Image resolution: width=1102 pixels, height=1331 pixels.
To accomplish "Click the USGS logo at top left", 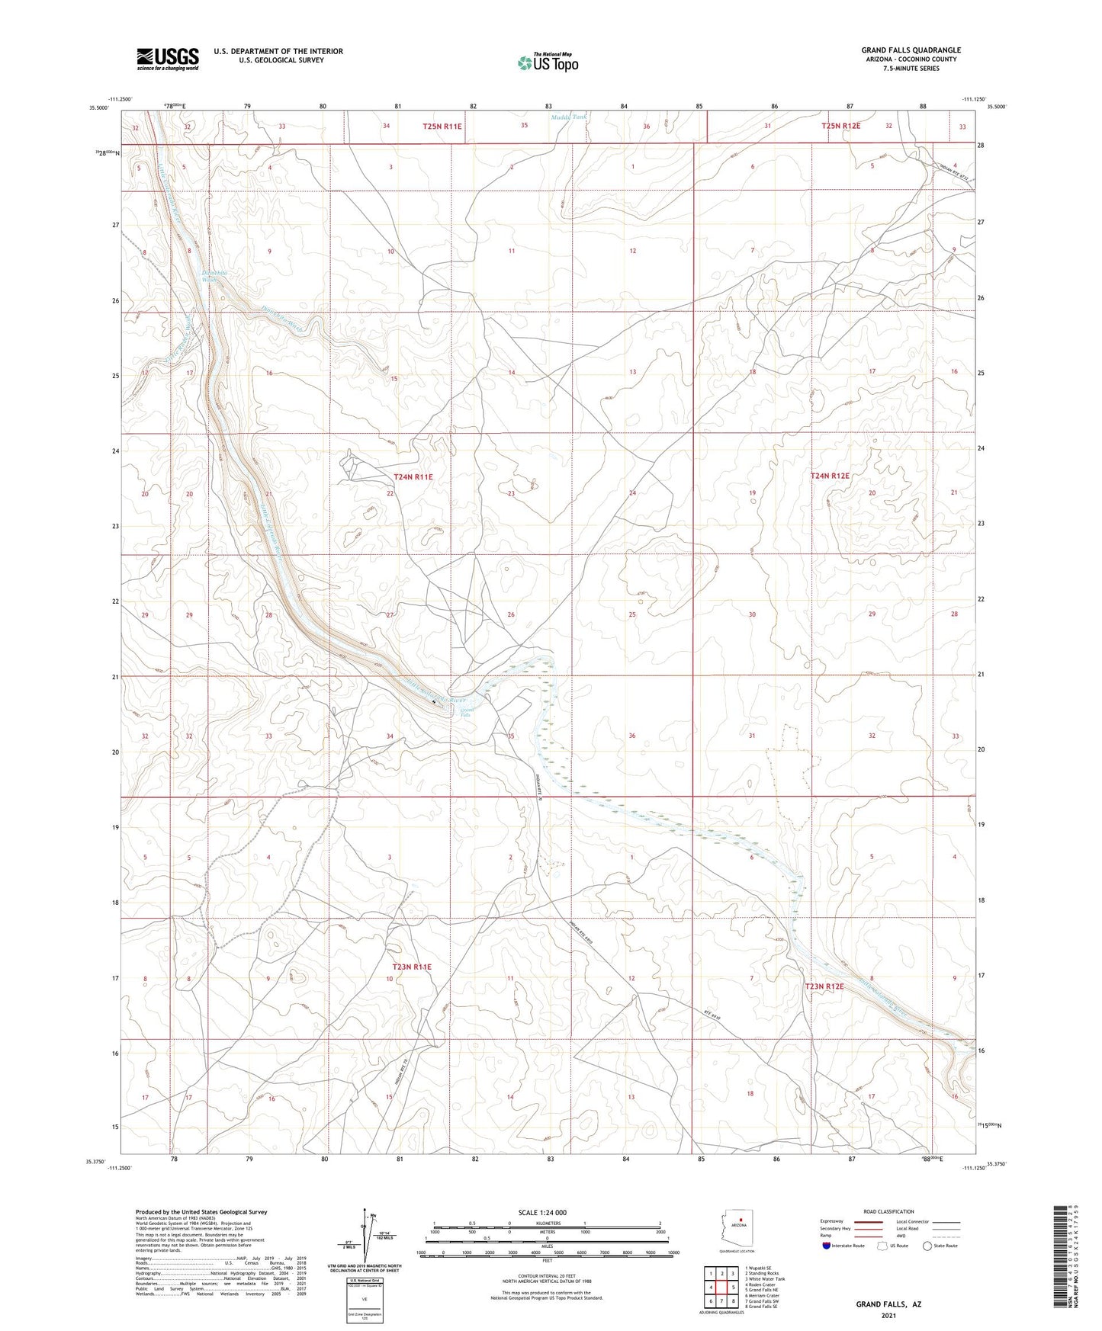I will click(x=168, y=59).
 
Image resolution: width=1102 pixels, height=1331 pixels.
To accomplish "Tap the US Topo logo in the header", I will click(x=548, y=63).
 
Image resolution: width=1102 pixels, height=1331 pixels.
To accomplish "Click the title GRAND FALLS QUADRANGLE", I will click(x=911, y=50).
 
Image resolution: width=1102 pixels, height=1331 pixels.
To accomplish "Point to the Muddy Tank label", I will click(x=568, y=117).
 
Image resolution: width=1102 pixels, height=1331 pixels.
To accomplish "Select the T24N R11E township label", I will click(x=413, y=476).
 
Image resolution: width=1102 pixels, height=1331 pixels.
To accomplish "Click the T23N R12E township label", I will click(x=824, y=986).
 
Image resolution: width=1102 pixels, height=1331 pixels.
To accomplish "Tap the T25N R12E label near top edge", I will click(x=840, y=126).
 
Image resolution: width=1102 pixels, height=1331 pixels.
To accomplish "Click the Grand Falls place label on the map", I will click(x=466, y=713).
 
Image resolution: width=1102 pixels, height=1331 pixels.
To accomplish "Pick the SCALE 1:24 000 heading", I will click(x=542, y=1213).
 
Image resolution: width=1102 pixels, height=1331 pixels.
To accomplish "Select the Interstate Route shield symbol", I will click(x=827, y=1246).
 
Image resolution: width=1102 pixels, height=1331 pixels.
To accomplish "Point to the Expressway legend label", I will click(x=835, y=1221).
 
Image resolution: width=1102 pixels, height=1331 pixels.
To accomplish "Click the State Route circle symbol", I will click(x=927, y=1246).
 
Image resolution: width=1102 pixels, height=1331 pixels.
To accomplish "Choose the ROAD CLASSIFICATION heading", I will click(x=888, y=1211).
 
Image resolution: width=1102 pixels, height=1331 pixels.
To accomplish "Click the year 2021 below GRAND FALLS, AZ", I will click(x=888, y=1315).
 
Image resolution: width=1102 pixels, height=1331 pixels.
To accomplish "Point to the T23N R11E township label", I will click(x=412, y=967).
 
